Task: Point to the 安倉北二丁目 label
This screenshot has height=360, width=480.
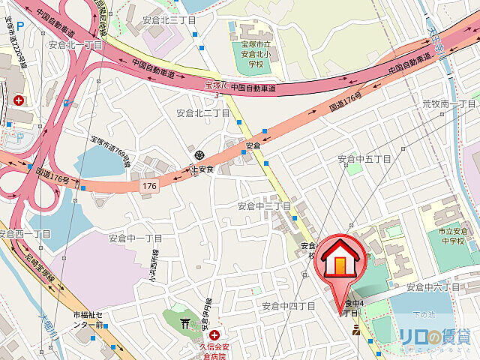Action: (x=202, y=112)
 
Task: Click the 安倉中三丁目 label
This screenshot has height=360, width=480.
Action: (x=264, y=205)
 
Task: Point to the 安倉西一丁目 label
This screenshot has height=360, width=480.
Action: (x=25, y=234)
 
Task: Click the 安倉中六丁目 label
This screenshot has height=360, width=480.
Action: (x=433, y=287)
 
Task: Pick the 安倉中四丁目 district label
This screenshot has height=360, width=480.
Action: (x=289, y=306)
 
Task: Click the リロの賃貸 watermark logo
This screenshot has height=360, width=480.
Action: (x=435, y=337)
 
